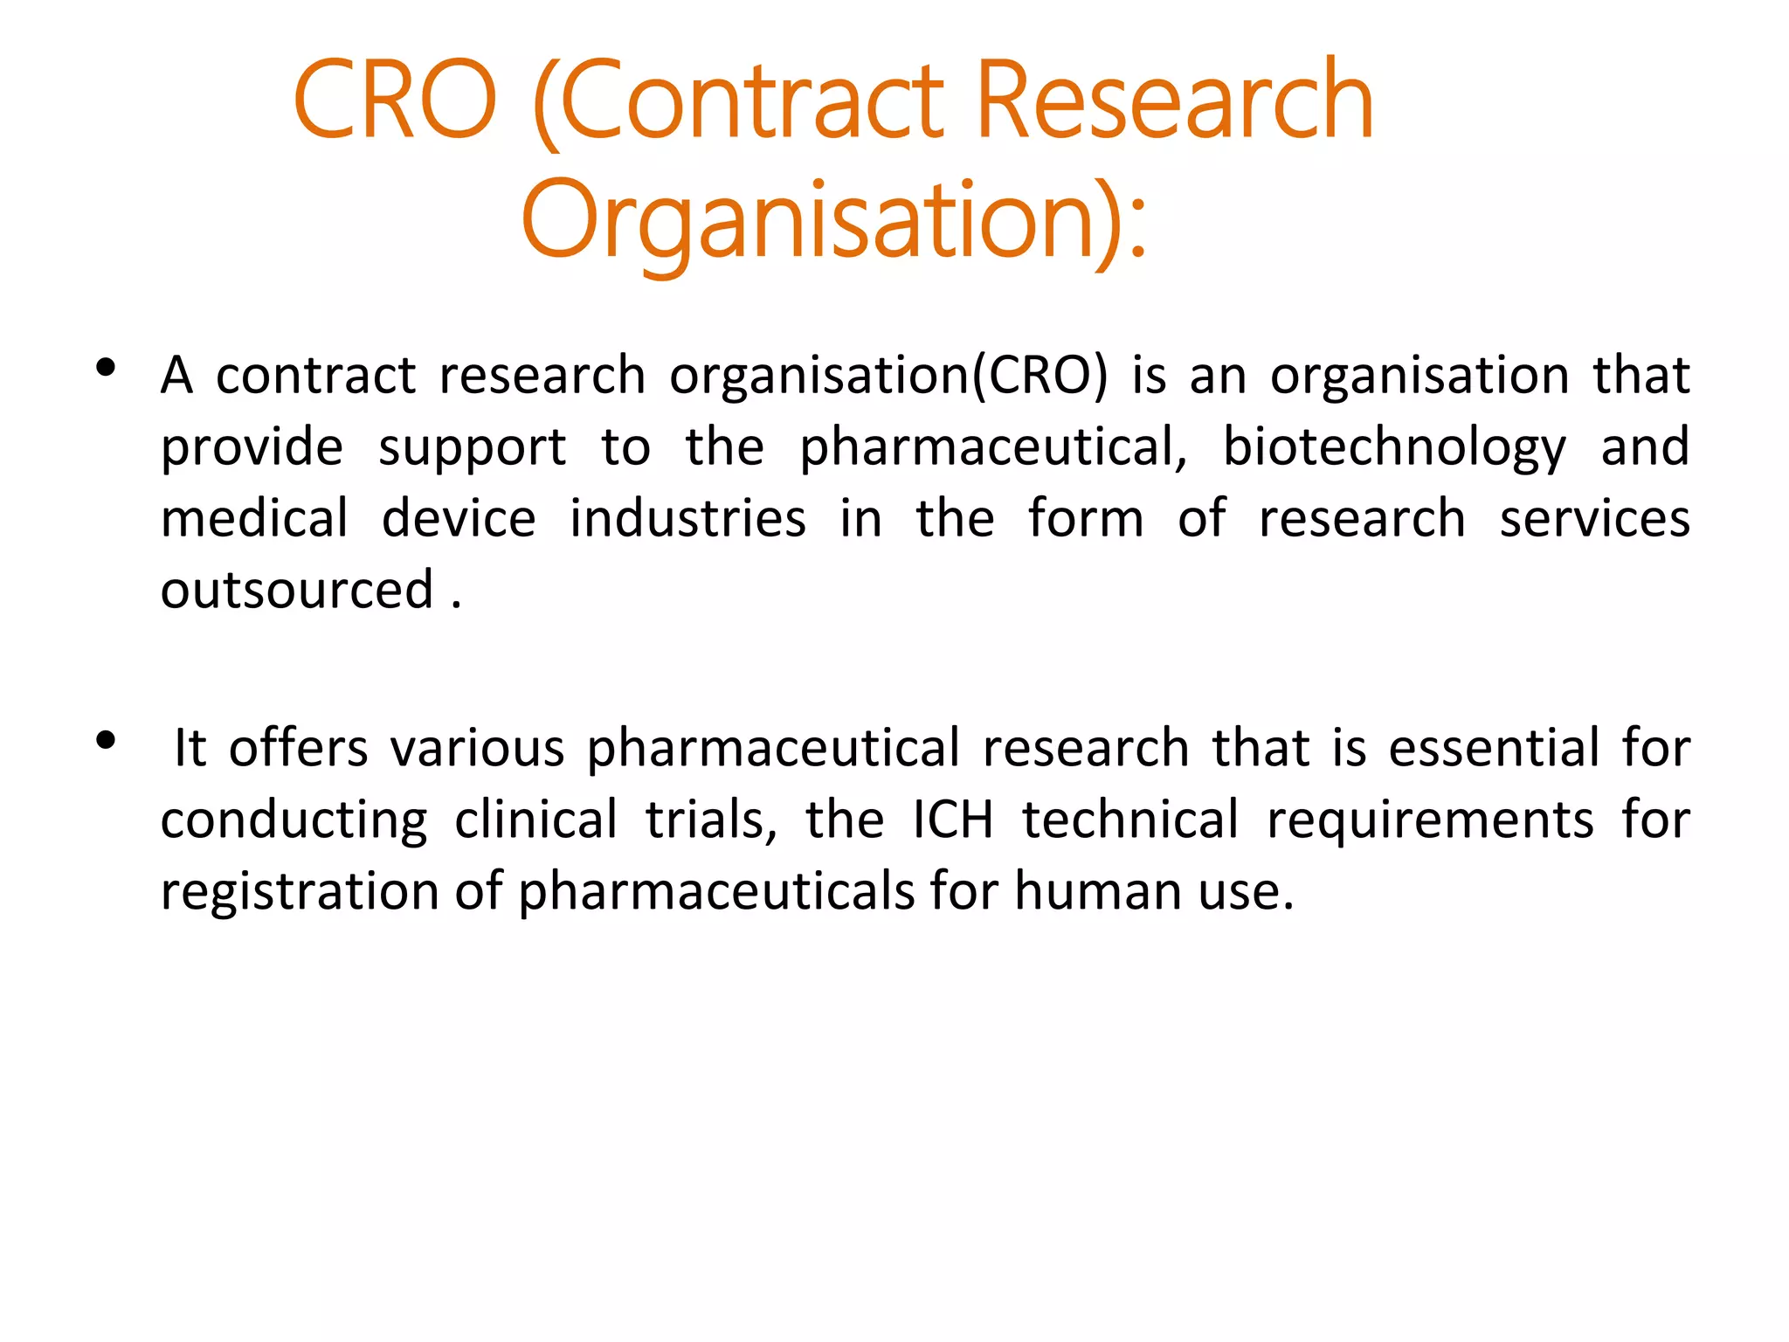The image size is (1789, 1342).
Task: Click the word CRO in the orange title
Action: click(x=395, y=101)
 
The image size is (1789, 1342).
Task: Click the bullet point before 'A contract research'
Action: click(x=107, y=369)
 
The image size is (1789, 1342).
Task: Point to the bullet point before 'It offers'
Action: click(x=107, y=742)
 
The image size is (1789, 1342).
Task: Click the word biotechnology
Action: click(x=1394, y=448)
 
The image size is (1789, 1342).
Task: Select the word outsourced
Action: click(x=297, y=590)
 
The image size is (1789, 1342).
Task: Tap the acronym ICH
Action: click(x=953, y=820)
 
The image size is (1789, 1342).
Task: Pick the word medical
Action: click(x=255, y=519)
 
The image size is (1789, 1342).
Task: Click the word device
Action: click(x=459, y=519)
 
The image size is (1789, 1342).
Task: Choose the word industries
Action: click(x=687, y=519)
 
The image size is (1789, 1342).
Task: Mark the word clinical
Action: click(x=536, y=820)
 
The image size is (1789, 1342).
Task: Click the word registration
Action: click(x=300, y=892)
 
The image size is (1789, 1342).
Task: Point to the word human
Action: click(x=1097, y=892)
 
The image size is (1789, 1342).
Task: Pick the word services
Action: click(x=1594, y=519)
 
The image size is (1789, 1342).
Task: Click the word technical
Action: click(x=1130, y=820)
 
